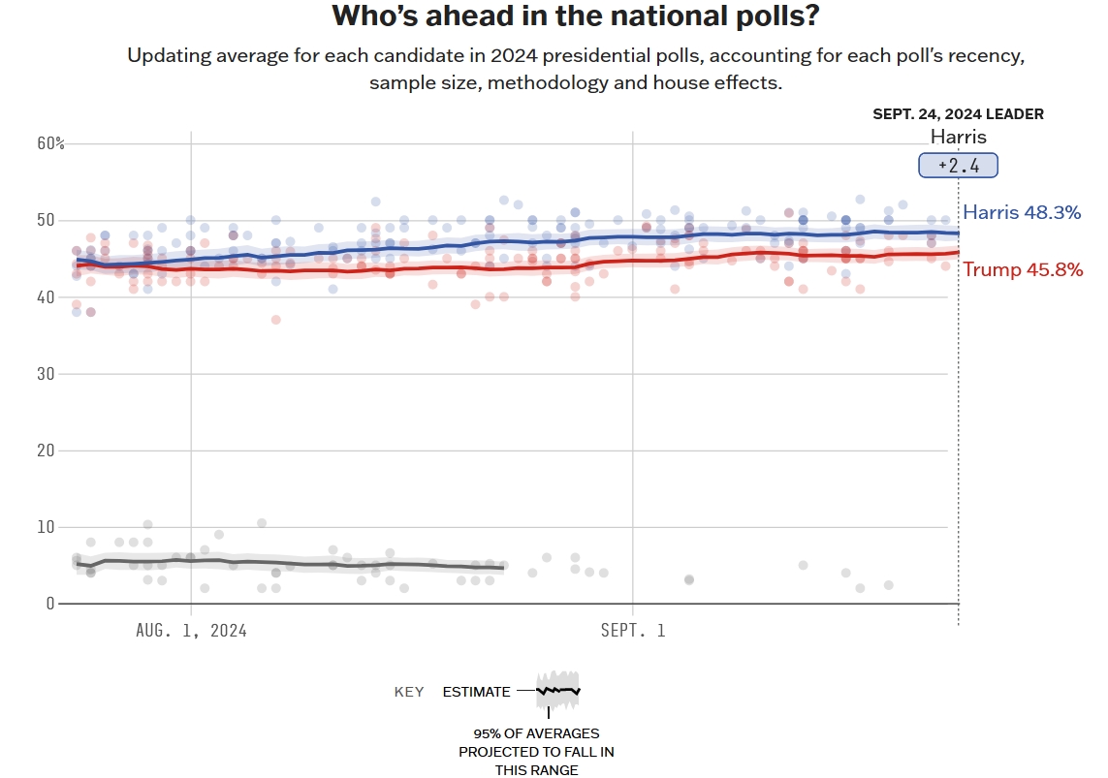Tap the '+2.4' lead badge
pyautogui.click(x=958, y=166)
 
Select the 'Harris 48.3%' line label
pyautogui.click(x=1021, y=212)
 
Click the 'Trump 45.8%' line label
pyautogui.click(x=1022, y=269)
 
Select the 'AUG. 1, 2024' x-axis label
pyautogui.click(x=191, y=631)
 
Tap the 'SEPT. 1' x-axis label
pyautogui.click(x=633, y=631)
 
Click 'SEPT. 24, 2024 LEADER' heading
pyautogui.click(x=958, y=114)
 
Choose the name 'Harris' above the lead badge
pyautogui.click(x=958, y=137)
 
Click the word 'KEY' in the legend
pyautogui.click(x=409, y=692)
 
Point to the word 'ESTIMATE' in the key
pyautogui.click(x=476, y=692)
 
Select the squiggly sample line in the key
pyautogui.click(x=557, y=691)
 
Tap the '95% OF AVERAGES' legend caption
pyautogui.click(x=536, y=733)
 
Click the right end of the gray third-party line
pyautogui.click(x=503, y=567)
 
